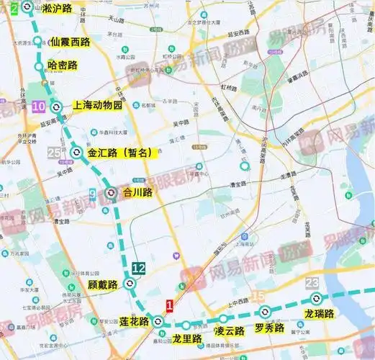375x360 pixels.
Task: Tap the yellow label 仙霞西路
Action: tap(70, 42)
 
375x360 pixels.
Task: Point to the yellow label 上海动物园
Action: tap(98, 105)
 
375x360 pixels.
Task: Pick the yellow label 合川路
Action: tap(138, 192)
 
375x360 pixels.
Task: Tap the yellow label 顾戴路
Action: tap(102, 284)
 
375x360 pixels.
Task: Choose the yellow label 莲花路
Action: tap(134, 321)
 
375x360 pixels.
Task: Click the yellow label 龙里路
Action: tap(186, 338)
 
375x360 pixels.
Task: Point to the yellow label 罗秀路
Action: tap(269, 328)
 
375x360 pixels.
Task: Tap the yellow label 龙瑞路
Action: tap(320, 314)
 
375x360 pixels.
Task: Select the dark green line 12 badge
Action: tap(139, 269)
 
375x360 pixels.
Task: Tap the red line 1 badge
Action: tap(170, 305)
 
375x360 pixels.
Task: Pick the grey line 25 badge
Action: tap(54, 153)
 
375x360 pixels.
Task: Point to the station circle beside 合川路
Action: tap(111, 192)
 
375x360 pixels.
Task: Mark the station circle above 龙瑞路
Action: tap(315, 299)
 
